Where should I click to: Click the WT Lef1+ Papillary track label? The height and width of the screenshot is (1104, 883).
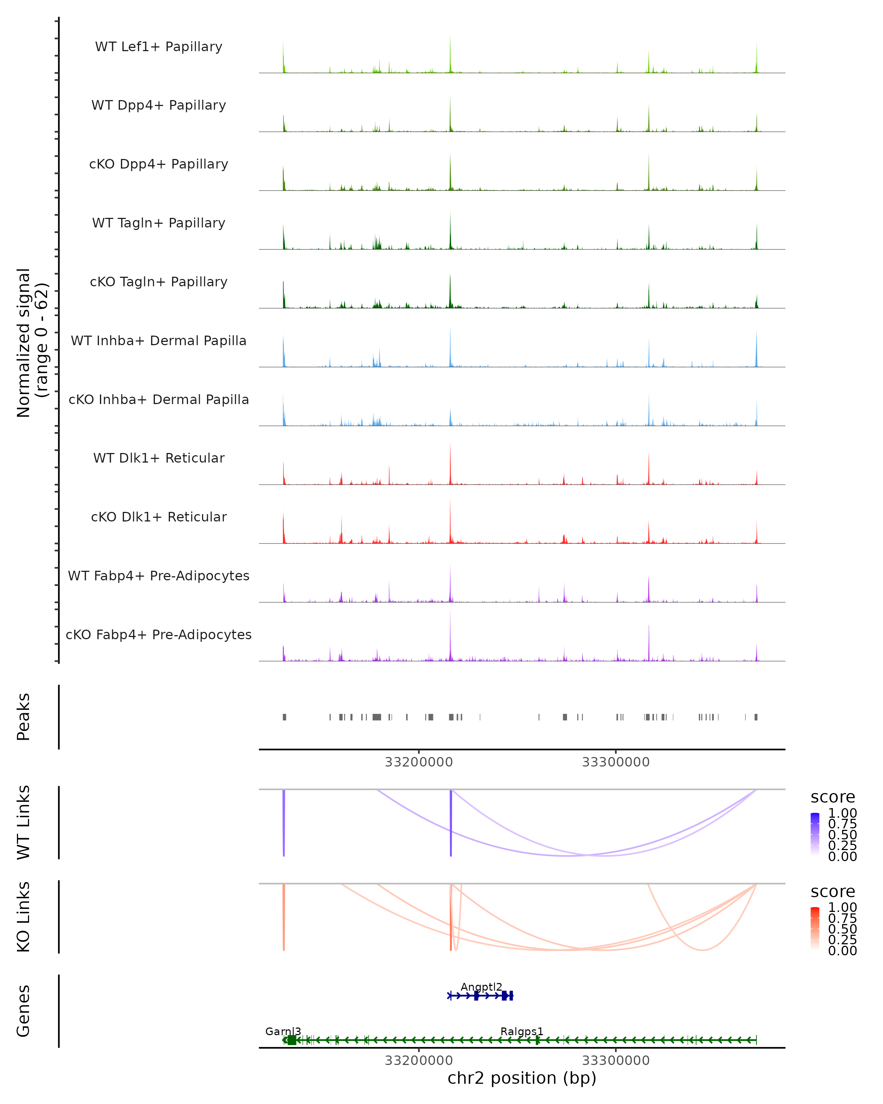click(159, 47)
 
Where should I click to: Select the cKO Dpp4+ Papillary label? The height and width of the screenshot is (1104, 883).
click(159, 164)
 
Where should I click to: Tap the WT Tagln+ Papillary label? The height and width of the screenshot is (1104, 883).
click(159, 223)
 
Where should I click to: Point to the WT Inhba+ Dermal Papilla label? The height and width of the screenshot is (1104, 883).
click(159, 341)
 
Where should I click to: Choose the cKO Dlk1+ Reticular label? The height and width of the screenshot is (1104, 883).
click(159, 517)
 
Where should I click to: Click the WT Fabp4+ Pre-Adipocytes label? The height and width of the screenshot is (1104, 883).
click(159, 576)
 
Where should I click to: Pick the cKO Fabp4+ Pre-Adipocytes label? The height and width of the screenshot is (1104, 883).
click(159, 635)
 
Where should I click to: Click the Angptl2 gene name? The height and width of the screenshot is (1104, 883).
click(481, 987)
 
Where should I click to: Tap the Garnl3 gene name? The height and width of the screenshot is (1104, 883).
click(283, 1031)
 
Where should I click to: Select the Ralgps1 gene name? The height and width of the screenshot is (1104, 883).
click(522, 1031)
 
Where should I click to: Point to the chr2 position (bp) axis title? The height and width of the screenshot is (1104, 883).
click(522, 1078)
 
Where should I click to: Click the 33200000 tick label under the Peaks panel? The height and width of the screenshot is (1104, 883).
click(419, 762)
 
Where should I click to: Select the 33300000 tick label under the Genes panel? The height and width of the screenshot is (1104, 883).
click(616, 1061)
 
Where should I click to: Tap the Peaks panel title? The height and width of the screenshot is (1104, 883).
click(24, 717)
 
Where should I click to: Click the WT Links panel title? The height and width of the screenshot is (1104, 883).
click(24, 822)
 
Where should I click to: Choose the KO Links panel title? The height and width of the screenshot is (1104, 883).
click(24, 917)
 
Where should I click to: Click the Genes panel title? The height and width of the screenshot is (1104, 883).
click(24, 1011)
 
